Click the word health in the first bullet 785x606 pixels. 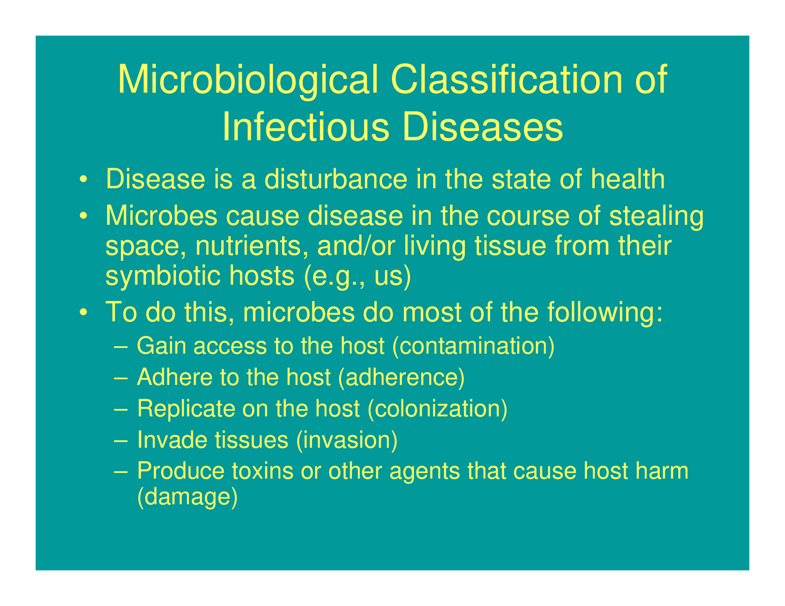[627, 180]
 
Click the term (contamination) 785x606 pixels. [473, 346]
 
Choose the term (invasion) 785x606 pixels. [347, 440]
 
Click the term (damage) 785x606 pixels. [186, 497]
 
